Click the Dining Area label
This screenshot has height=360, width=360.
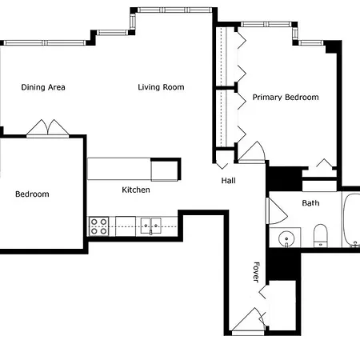point(43,87)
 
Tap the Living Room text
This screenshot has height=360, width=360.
point(161,87)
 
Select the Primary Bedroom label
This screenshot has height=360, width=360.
point(286,97)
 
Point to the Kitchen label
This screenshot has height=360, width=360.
point(136,190)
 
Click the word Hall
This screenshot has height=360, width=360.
point(229,181)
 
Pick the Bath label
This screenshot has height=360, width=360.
point(310,203)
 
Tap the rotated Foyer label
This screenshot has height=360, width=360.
point(256,272)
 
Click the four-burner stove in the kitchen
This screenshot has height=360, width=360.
point(98,226)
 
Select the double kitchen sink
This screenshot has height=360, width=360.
point(151,226)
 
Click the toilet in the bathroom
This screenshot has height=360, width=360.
point(320,235)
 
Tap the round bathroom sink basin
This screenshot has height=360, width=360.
point(286,238)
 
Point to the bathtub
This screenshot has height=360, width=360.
point(351,220)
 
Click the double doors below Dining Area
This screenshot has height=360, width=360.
point(48,128)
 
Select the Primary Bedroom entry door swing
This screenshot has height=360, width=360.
point(252,152)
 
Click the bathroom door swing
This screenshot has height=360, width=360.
point(277,210)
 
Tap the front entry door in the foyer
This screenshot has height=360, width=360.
point(249,321)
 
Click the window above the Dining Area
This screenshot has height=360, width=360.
point(45,42)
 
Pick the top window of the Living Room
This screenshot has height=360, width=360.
point(174,10)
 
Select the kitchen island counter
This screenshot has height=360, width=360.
point(134,169)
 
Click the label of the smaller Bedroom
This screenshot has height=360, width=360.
point(32,194)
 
